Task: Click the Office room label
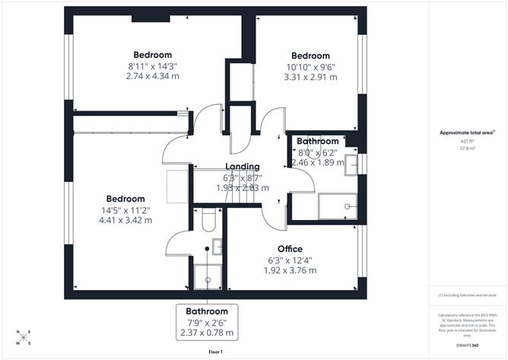pyautogui.click(x=290, y=249)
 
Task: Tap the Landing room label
pyautogui.click(x=242, y=167)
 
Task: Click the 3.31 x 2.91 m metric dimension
pyautogui.click(x=310, y=78)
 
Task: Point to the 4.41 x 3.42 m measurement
pyautogui.click(x=125, y=220)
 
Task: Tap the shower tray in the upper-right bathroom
pyautogui.click(x=337, y=205)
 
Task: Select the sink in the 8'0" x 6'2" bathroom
pyautogui.click(x=351, y=164)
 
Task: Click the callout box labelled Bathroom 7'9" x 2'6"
pyautogui.click(x=207, y=322)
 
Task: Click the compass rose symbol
pyautogui.click(x=24, y=336)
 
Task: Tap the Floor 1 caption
pyautogui.click(x=215, y=352)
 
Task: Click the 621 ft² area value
pyautogui.click(x=467, y=142)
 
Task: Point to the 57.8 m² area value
pyautogui.click(x=467, y=148)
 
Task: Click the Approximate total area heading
pyautogui.click(x=467, y=132)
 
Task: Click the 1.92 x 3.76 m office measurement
pyautogui.click(x=290, y=270)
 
